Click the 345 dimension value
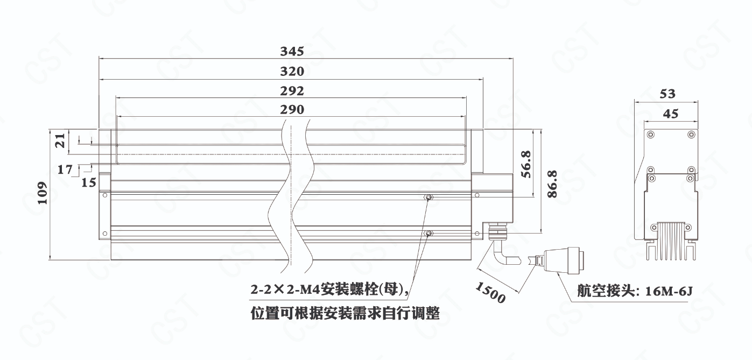click(292, 52)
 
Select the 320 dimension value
click(292, 72)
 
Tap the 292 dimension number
click(292, 90)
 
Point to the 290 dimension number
click(292, 110)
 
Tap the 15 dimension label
click(89, 182)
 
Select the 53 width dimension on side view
click(667, 94)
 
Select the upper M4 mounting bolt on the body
click(428, 199)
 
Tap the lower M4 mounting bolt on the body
click(428, 234)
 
